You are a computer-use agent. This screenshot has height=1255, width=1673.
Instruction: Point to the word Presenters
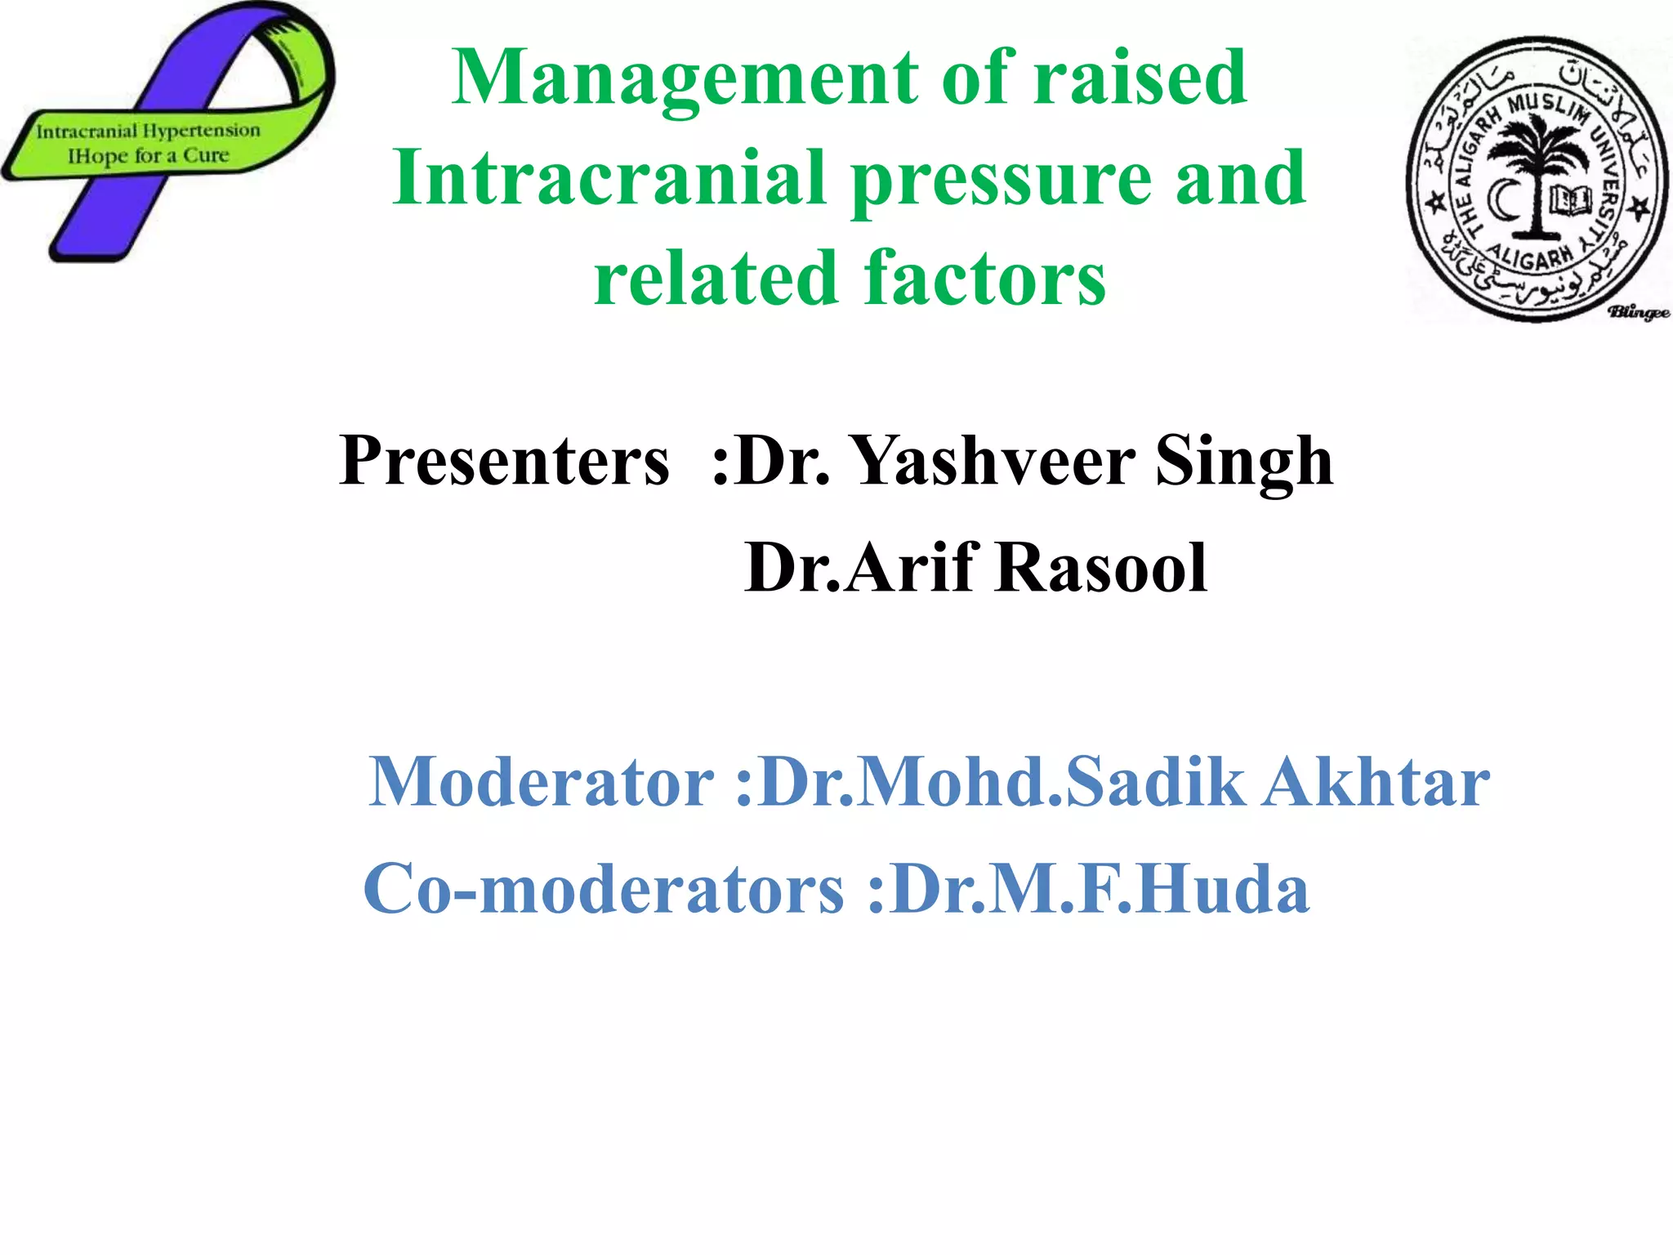(504, 462)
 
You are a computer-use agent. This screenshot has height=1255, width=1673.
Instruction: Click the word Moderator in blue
(542, 782)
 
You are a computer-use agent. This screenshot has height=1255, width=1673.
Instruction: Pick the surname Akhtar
(1376, 782)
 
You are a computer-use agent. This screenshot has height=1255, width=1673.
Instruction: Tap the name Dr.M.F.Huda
(1100, 889)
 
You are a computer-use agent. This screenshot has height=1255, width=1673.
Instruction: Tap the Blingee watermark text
(1638, 312)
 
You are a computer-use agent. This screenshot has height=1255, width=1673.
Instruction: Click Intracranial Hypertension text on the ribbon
(148, 131)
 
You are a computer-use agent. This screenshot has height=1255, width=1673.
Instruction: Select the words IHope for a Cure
(148, 155)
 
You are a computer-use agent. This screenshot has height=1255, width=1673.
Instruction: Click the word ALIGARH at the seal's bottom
(1530, 257)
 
